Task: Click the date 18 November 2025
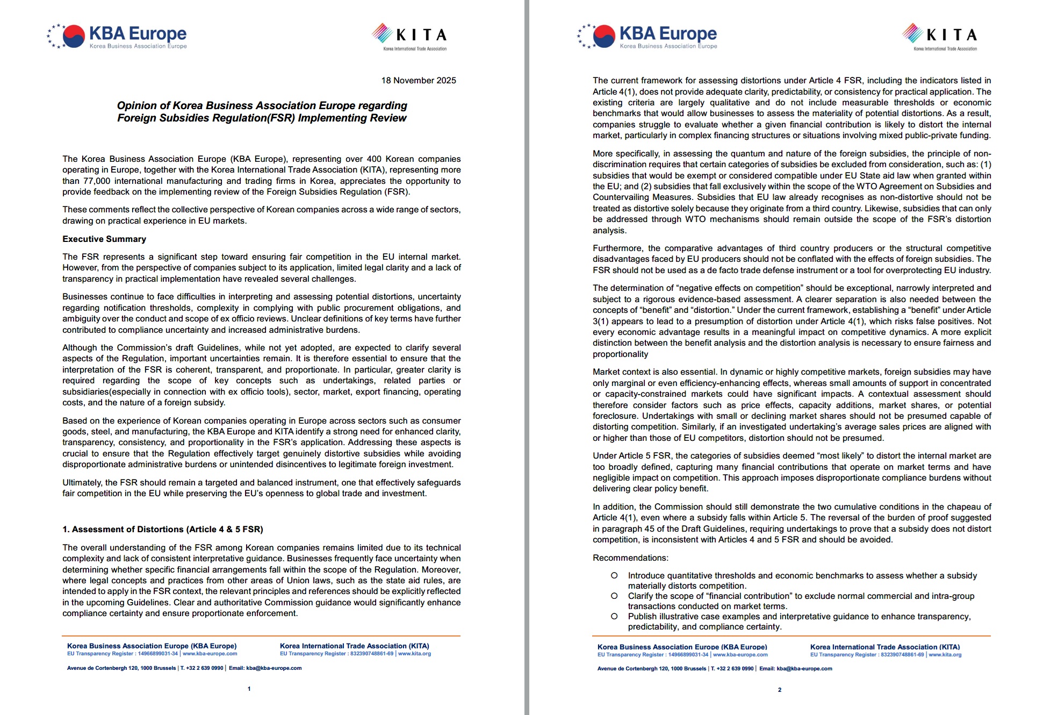pos(418,81)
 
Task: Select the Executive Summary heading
pos(104,239)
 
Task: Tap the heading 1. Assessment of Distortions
pos(162,530)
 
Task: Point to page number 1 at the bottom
pos(249,689)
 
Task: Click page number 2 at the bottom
pos(780,690)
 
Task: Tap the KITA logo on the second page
pos(940,36)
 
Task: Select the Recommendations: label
pos(630,558)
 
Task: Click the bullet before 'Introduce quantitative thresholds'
pos(614,576)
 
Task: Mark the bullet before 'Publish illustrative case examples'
pos(614,617)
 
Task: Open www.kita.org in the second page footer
pos(945,655)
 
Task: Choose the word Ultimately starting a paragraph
pos(82,483)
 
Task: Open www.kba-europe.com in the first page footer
pos(210,654)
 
